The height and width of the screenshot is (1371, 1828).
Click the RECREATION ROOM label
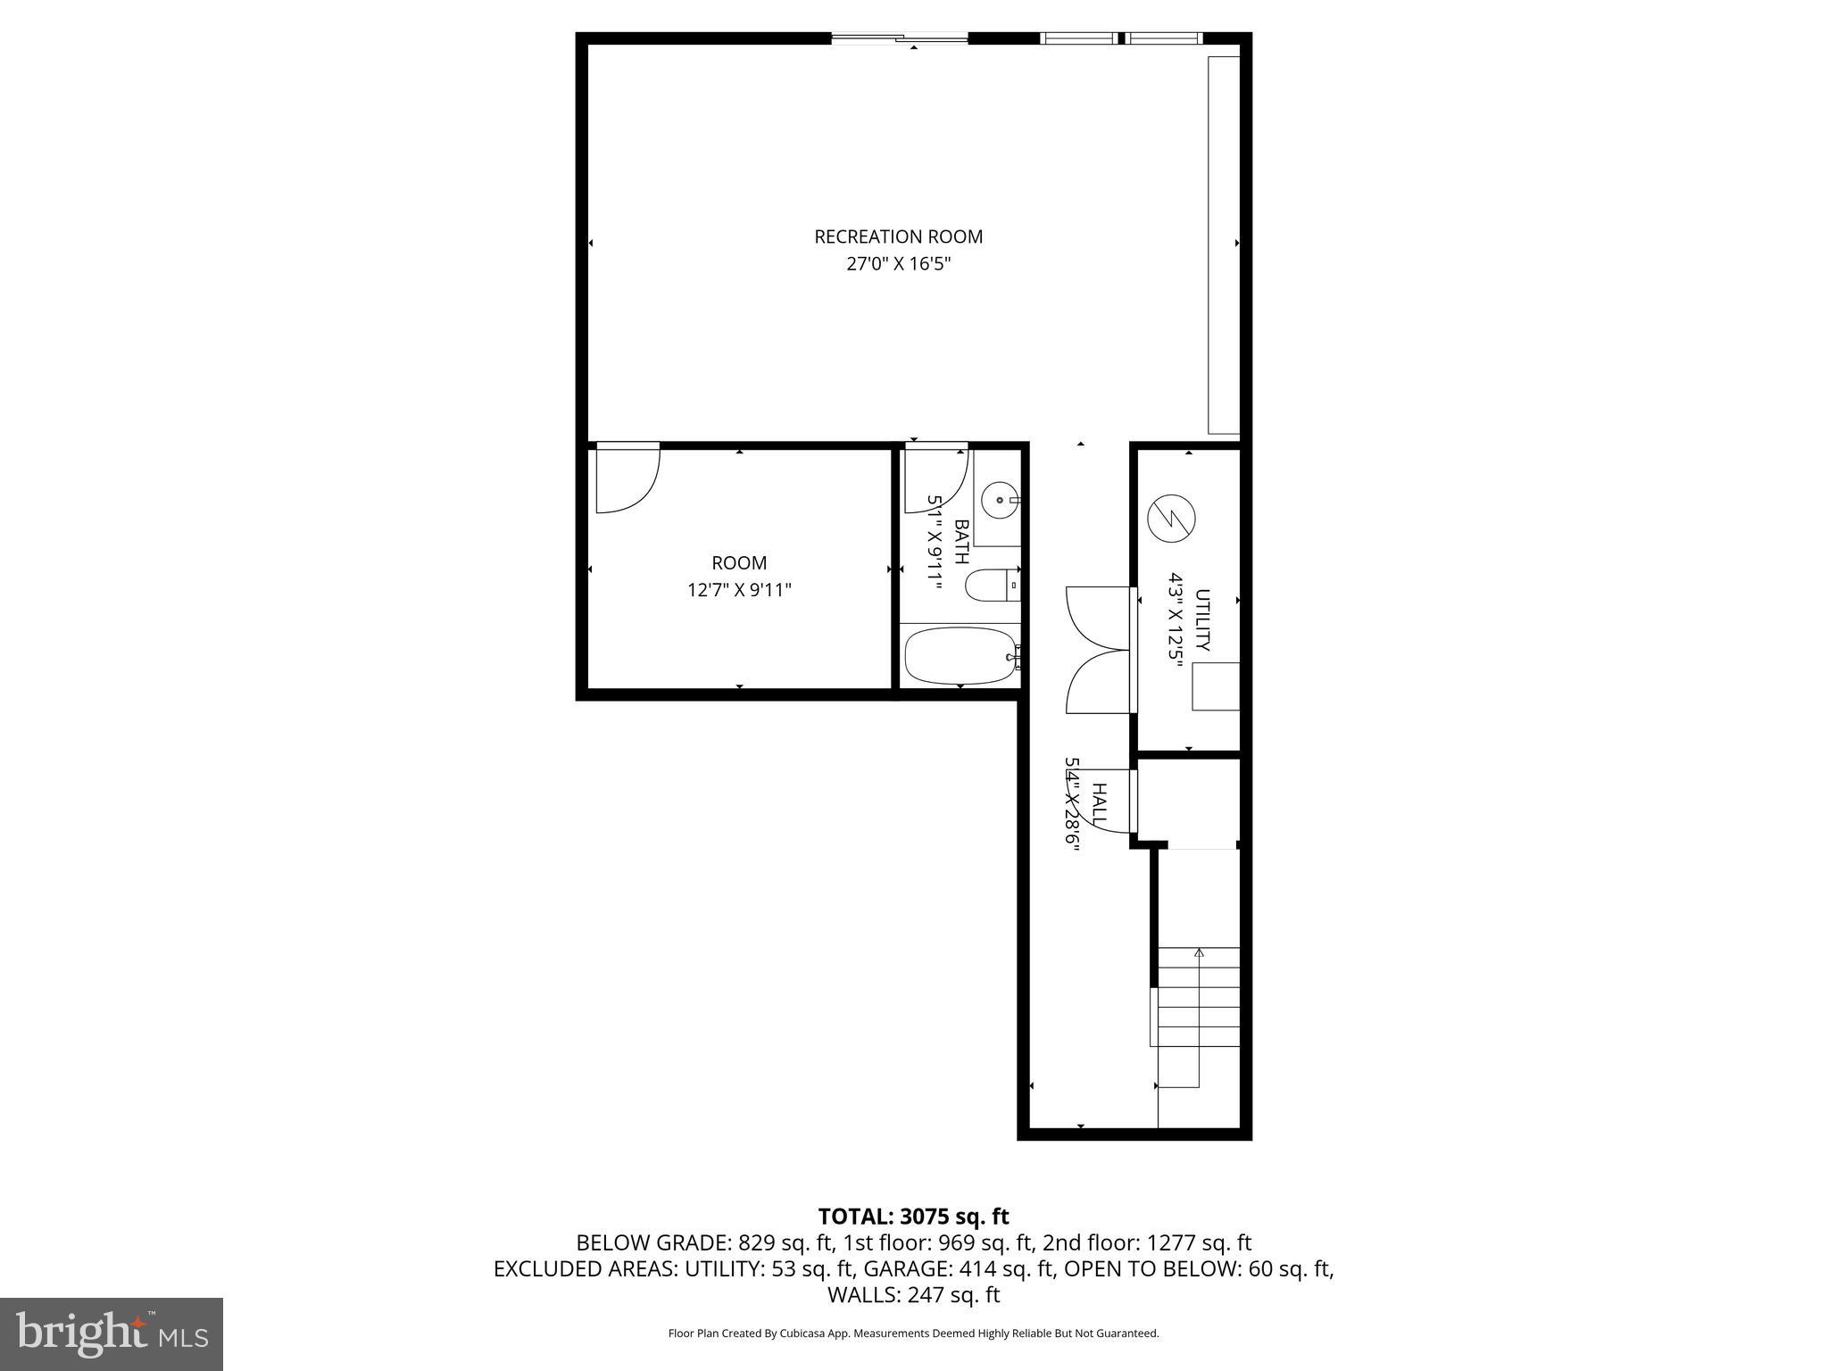pos(898,237)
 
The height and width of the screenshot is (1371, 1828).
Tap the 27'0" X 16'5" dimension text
pos(898,264)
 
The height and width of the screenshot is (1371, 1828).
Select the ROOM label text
pos(738,563)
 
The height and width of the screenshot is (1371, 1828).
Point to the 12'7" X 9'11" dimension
pos(738,590)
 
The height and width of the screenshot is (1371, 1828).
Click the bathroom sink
pos(999,500)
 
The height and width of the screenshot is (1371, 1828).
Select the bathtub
pos(960,656)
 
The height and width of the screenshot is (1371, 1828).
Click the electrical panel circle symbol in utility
pos(1171,519)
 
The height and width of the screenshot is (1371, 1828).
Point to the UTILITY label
pos(1202,619)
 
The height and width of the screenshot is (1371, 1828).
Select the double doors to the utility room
pos(1101,650)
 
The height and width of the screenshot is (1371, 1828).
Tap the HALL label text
pos(1100,804)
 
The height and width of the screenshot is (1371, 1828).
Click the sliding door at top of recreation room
pos(899,38)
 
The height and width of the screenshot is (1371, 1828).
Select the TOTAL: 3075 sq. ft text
pos(913,1217)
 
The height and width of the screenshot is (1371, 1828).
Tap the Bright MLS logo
pos(112,1334)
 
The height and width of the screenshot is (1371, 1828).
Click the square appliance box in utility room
pos(1216,686)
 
